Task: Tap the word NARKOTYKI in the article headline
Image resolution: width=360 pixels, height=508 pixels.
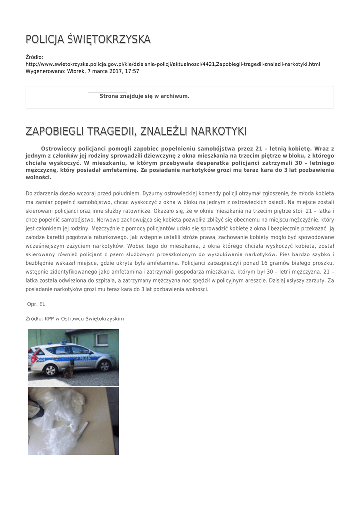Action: (x=219, y=131)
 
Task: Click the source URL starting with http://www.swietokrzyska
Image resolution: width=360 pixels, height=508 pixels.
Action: (x=172, y=64)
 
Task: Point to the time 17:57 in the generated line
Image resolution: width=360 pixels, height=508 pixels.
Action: (x=132, y=71)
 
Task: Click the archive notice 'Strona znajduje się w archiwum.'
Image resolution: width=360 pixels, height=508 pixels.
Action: (x=144, y=96)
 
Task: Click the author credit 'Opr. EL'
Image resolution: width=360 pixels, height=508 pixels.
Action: (x=36, y=304)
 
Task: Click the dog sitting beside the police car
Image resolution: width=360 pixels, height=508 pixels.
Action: (x=69, y=369)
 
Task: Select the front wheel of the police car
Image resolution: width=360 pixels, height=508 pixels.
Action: (x=105, y=366)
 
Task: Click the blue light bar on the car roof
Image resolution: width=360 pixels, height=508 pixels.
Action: (x=64, y=342)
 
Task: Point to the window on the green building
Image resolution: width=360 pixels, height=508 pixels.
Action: (x=102, y=339)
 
